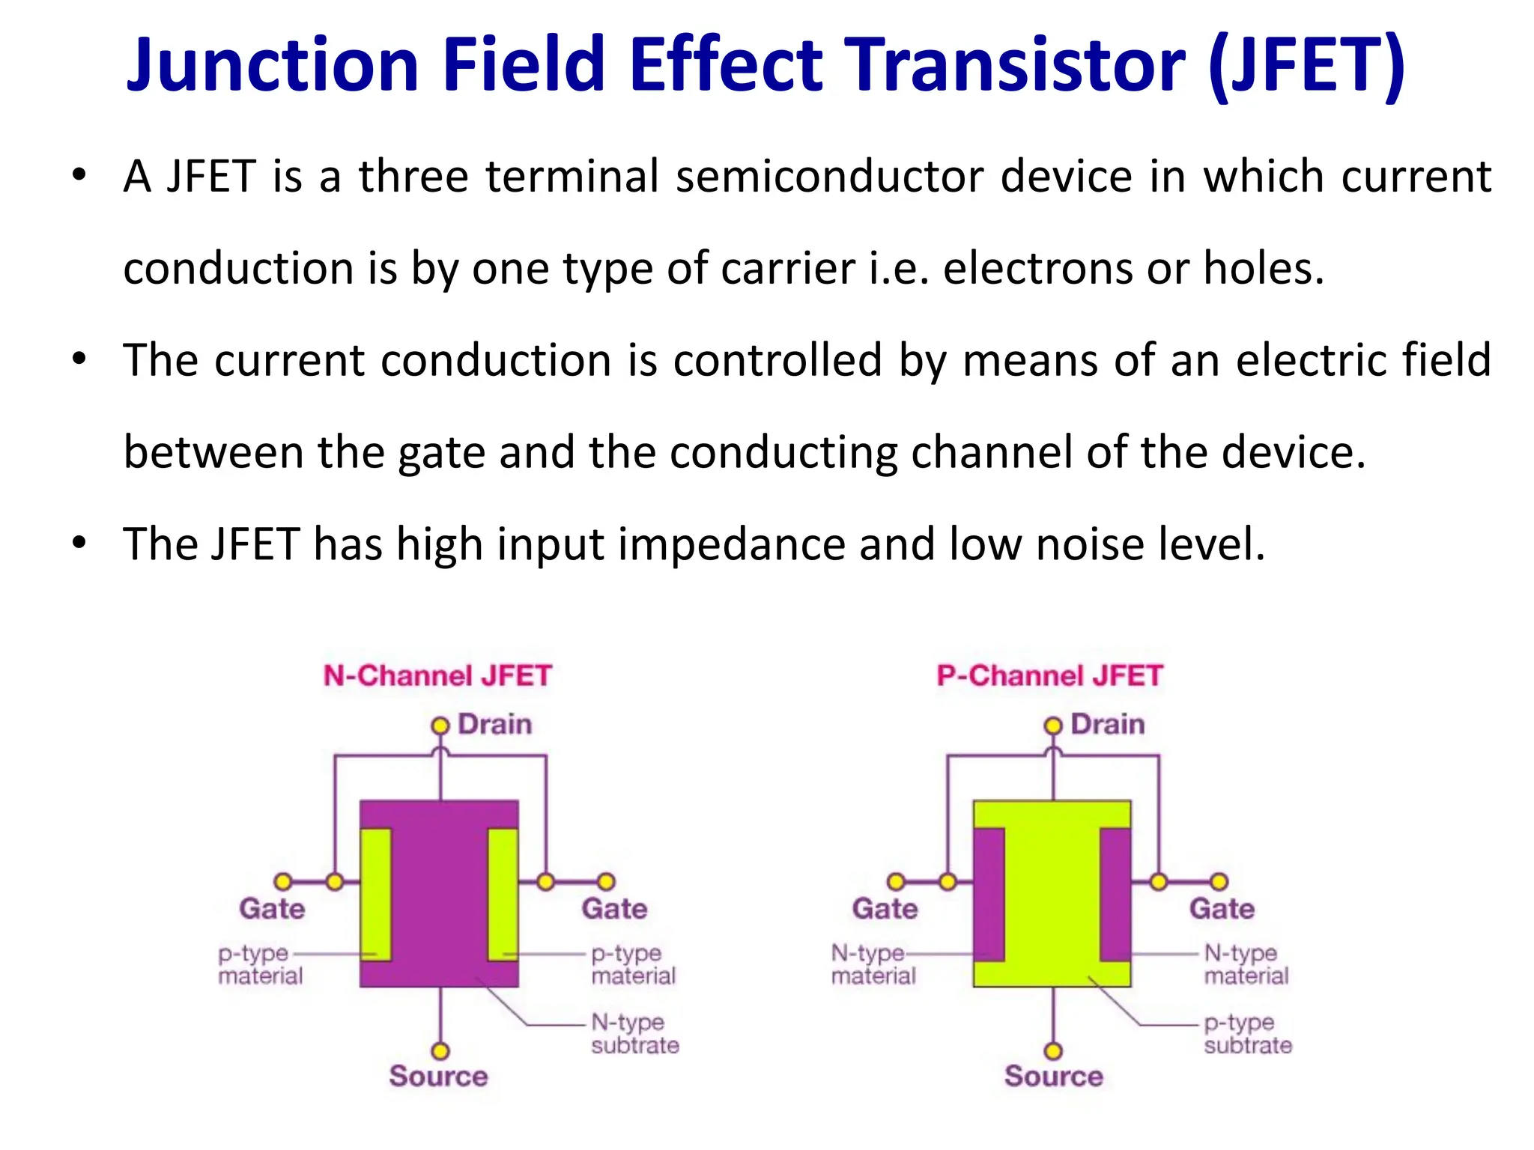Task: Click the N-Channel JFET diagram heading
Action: pos(437,676)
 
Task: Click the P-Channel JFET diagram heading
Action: pos(1049,676)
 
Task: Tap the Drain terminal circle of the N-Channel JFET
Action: pos(440,725)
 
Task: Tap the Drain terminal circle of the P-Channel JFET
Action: pos(1053,725)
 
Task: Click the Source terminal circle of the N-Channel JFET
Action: pos(440,1051)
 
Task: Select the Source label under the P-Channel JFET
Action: pos(1053,1077)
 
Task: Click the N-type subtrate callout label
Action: pos(634,1033)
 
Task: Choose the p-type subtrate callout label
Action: pos(1247,1033)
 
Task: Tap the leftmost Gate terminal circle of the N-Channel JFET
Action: pos(283,881)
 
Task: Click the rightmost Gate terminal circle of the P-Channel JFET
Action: pos(1219,881)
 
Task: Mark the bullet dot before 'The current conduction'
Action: pos(79,359)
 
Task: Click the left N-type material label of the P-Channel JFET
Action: pos(873,964)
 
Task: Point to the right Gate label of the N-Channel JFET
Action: pos(614,909)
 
